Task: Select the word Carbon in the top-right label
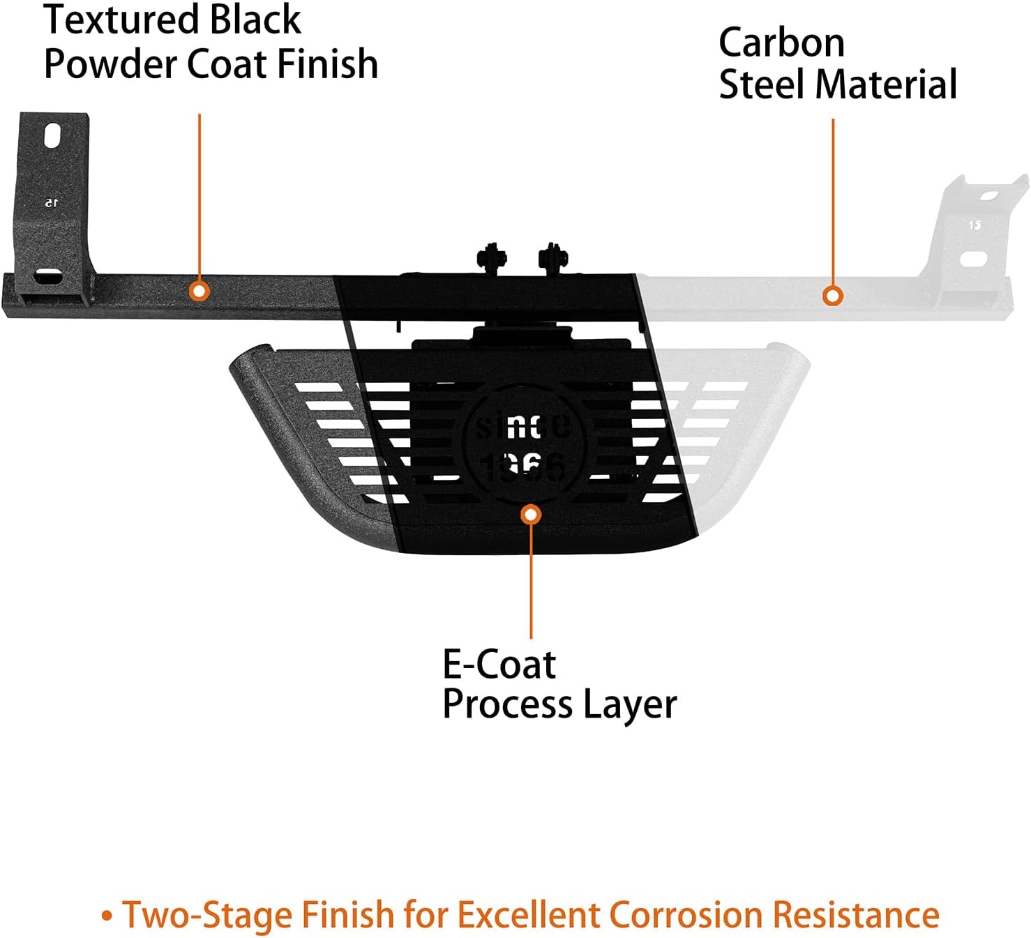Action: pyautogui.click(x=781, y=43)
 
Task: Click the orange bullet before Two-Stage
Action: pyautogui.click(x=107, y=915)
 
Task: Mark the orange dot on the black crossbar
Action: pyautogui.click(x=200, y=290)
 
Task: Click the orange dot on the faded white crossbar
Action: pyautogui.click(x=831, y=296)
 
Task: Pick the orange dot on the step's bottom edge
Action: pyautogui.click(x=531, y=515)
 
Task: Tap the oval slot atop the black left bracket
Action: pyautogui.click(x=53, y=135)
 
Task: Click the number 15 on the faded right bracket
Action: pyautogui.click(x=974, y=225)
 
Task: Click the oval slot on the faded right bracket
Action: pyautogui.click(x=973, y=259)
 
